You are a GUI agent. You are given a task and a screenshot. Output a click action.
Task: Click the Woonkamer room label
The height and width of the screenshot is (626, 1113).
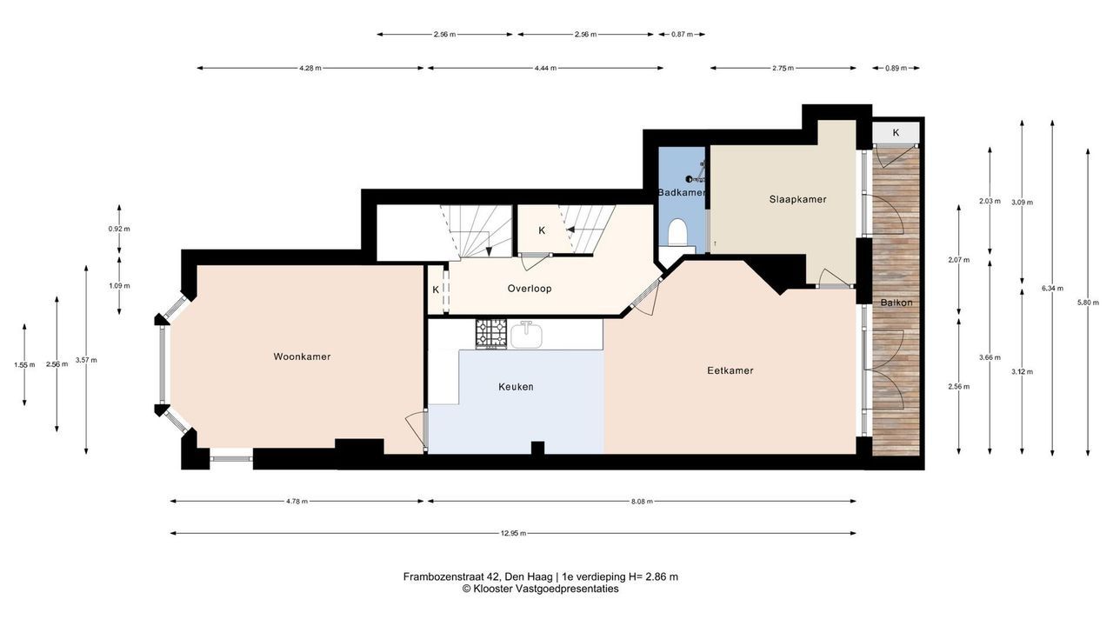coord(302,356)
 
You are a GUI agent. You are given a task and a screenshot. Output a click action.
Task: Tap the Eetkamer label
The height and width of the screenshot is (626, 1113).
coord(730,370)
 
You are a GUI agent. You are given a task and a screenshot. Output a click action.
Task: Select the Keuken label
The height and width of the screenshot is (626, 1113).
coord(516,387)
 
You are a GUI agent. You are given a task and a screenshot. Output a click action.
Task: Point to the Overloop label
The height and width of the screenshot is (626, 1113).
coord(530,289)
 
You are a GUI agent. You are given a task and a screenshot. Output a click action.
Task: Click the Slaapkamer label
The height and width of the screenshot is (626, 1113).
coord(797,199)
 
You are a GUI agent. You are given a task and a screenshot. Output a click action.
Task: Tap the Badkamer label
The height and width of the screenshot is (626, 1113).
coord(681,192)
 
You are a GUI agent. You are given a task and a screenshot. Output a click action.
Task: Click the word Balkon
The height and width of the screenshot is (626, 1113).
coord(896,303)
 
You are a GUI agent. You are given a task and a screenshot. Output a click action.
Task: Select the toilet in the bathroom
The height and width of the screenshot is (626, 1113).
coord(677,232)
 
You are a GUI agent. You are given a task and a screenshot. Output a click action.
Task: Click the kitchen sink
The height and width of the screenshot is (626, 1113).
coord(526,335)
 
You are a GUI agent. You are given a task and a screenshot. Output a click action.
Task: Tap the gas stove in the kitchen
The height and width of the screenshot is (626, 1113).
coord(491,333)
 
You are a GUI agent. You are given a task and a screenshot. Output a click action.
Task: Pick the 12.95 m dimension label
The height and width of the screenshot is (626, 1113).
coord(513,534)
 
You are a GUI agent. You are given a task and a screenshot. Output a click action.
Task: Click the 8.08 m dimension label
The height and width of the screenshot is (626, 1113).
coord(642,502)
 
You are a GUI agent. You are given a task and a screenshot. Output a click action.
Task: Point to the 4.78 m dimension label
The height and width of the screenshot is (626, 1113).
coord(297,502)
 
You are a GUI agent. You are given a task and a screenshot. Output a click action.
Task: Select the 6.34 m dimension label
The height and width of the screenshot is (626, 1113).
coord(1052,288)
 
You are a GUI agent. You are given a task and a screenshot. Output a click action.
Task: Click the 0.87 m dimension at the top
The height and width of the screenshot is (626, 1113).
coord(682,34)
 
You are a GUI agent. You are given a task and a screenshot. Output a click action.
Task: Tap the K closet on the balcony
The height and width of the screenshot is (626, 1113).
coord(896,133)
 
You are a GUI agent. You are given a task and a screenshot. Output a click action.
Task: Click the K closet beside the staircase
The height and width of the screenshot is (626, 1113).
coord(542,230)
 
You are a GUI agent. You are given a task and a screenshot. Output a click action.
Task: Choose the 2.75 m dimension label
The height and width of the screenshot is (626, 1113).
coord(783,68)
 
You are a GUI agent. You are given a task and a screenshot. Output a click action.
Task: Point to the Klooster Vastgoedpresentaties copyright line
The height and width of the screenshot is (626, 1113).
coord(541,589)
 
